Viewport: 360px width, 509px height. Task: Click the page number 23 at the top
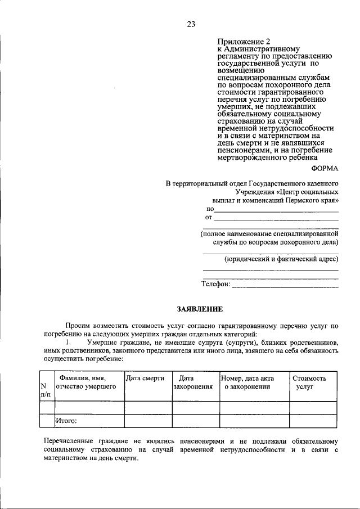tap(191, 24)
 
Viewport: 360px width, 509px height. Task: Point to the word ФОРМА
tap(325, 168)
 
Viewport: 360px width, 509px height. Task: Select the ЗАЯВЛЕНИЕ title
tap(200, 309)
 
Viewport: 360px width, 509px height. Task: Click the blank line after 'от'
tap(277, 218)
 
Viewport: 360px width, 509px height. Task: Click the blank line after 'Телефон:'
tap(285, 285)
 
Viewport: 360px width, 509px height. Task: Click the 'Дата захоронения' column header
tap(193, 382)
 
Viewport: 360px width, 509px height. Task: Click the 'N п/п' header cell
tap(46, 390)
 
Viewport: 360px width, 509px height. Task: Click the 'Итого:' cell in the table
tap(66, 420)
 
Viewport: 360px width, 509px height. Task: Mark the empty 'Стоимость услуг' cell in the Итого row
tap(313, 420)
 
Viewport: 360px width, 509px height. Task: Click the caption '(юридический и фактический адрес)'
tap(281, 259)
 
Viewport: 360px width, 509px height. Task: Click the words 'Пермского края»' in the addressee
tap(312, 200)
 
